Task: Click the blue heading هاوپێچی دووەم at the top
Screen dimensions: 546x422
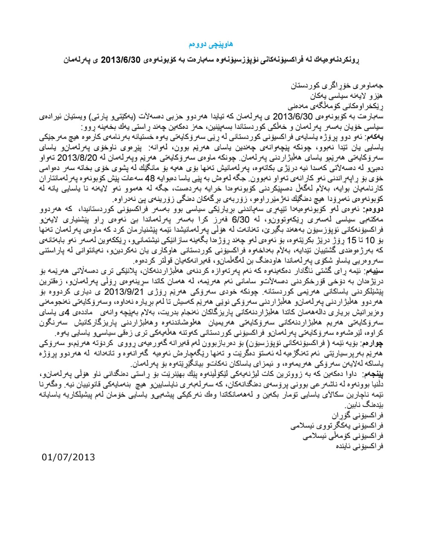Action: (x=211, y=44)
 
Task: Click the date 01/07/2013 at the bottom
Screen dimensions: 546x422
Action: (x=69, y=457)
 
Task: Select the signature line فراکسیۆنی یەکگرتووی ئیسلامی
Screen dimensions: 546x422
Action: (x=337, y=426)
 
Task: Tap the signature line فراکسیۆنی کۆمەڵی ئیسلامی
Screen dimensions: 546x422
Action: (x=341, y=436)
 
